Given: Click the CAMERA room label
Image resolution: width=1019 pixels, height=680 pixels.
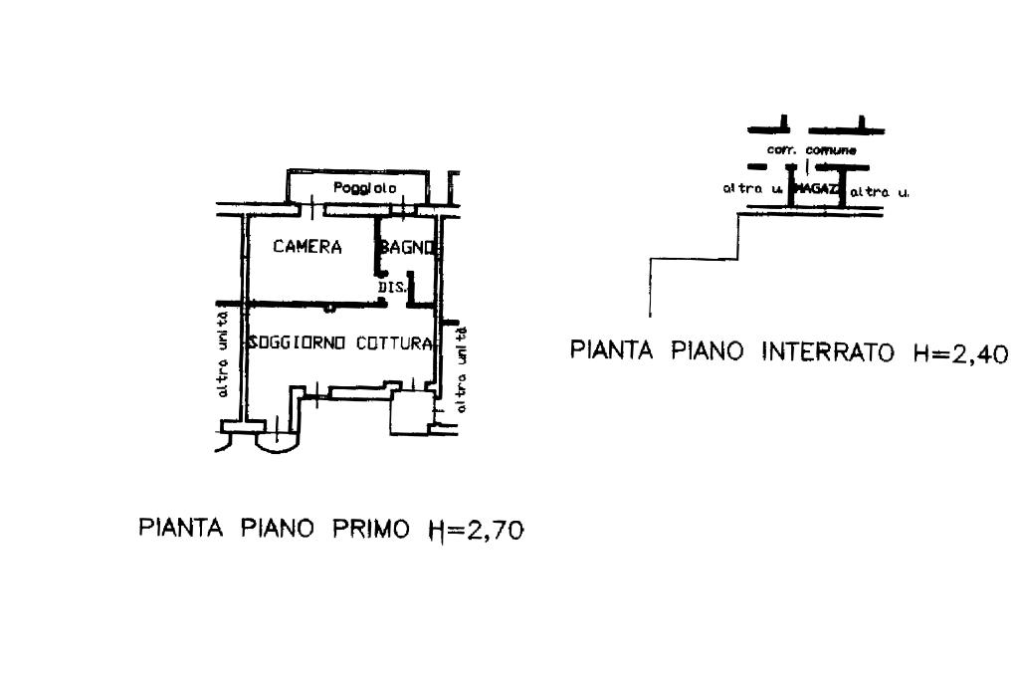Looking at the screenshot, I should coord(307,247).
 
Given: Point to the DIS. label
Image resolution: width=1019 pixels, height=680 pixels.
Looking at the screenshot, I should coord(389,289).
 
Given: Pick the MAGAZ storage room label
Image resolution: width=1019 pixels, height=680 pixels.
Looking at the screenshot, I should coord(816,188).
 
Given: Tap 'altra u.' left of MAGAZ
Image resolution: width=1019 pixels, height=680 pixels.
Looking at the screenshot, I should coord(752,188).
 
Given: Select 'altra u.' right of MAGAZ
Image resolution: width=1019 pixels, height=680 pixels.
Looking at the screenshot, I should coord(879,189).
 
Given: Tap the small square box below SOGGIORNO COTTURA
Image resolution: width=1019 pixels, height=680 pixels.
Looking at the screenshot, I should coord(407,411).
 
